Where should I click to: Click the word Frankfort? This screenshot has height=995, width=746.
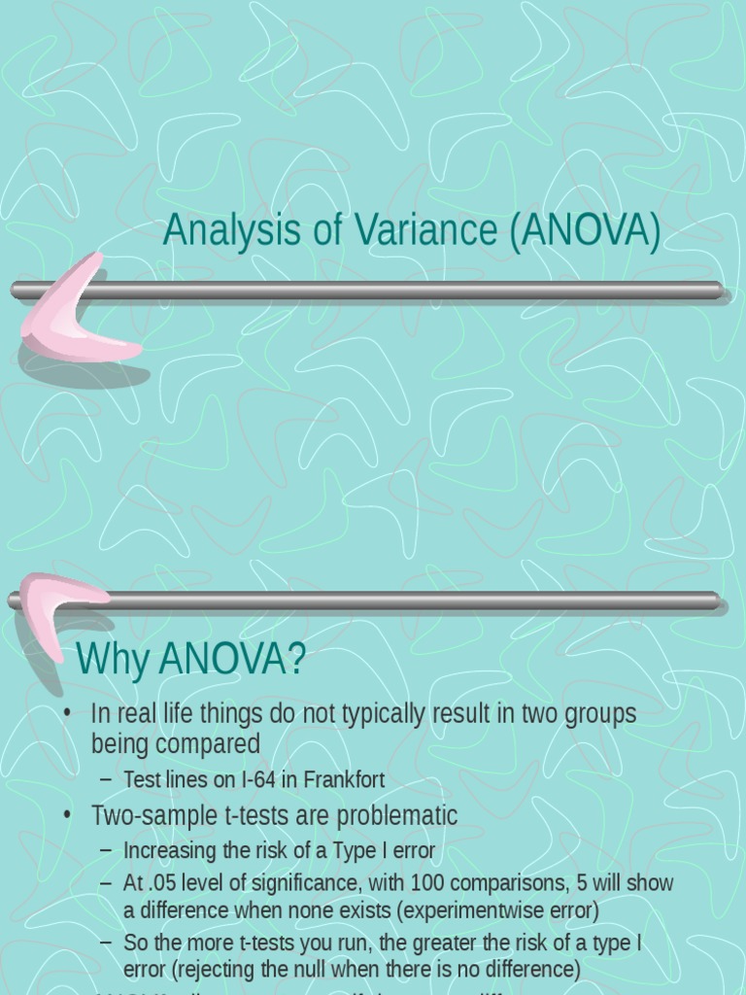[x=343, y=779]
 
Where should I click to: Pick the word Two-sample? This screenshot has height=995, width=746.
[x=145, y=815]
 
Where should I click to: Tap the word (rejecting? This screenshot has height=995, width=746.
[x=210, y=970]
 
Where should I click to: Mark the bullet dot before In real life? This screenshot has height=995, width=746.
[x=67, y=714]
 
